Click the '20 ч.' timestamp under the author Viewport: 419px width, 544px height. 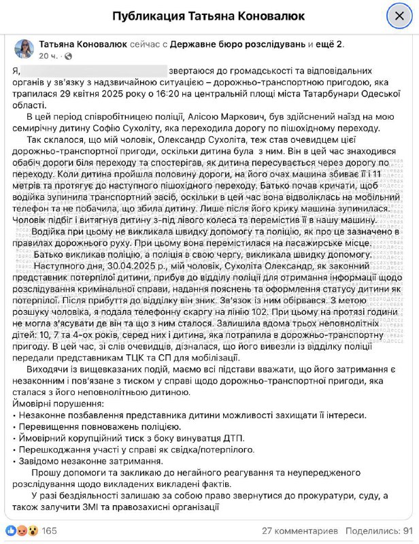coord(48,56)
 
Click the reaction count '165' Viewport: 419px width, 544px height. coord(49,530)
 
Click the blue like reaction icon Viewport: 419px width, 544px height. coord(12,530)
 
